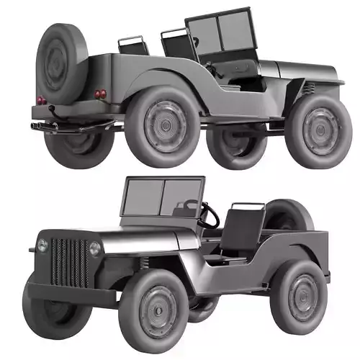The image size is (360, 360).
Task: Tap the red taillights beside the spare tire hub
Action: pos(41,99)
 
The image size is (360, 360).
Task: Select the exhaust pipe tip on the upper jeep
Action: pos(34,127)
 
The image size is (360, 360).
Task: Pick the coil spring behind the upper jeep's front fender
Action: pos(308,89)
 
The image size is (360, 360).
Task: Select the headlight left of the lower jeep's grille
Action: pos(43,246)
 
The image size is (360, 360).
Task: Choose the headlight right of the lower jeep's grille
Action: pos(95,249)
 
